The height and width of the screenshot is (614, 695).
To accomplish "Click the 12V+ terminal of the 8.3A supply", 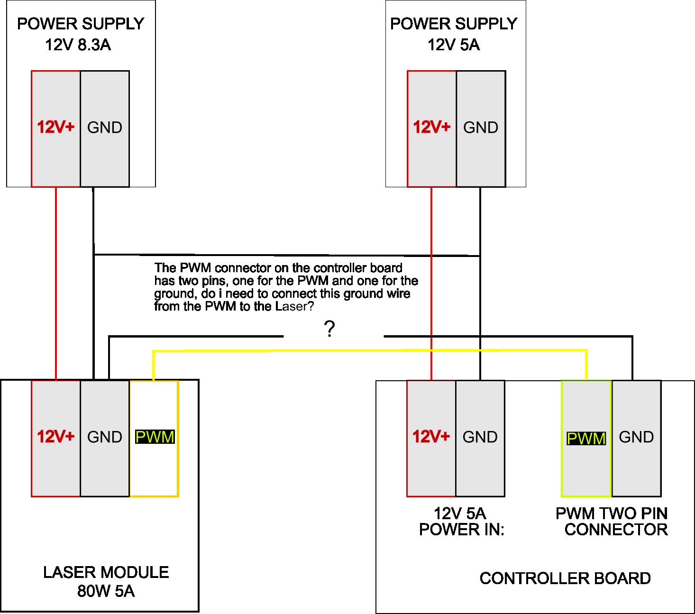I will click(x=56, y=128).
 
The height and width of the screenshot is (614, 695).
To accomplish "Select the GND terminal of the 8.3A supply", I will click(x=105, y=128).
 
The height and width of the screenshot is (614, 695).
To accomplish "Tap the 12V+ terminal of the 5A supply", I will click(x=431, y=128).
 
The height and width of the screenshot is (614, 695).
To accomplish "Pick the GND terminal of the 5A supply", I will click(x=481, y=128).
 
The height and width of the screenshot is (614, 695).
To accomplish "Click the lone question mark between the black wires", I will click(x=329, y=329).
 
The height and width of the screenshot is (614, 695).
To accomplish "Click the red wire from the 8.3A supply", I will click(x=56, y=284).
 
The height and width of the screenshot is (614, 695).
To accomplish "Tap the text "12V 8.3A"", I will click(x=78, y=45).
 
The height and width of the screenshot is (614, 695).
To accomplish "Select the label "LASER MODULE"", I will click(x=106, y=572).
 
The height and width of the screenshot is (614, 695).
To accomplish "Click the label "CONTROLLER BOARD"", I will click(x=565, y=578).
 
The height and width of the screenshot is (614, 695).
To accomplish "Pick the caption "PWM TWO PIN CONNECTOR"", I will click(x=612, y=521).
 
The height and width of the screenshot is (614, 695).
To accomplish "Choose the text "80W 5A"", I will click(x=106, y=591).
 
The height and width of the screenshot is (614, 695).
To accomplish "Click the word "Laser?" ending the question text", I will click(x=294, y=307).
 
